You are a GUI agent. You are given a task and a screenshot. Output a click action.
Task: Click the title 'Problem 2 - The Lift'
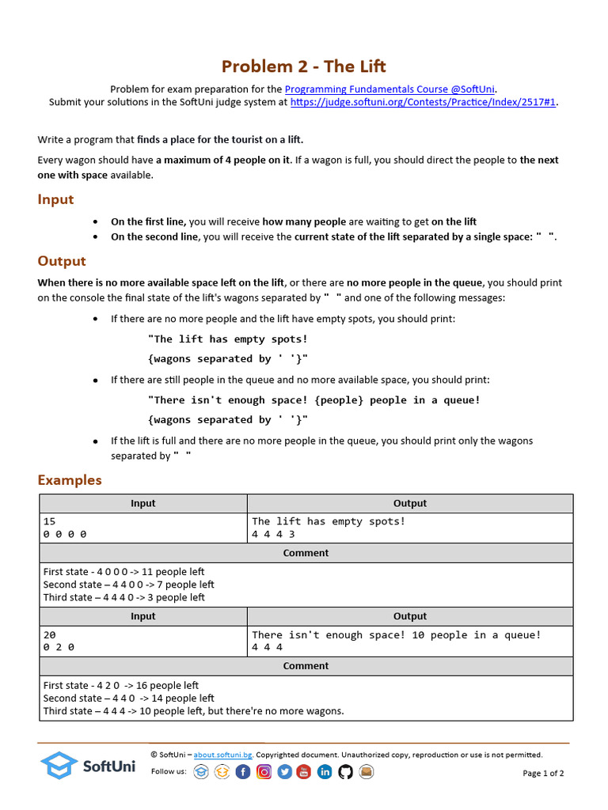point(304,66)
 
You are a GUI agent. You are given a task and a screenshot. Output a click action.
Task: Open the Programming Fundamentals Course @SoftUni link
point(389,89)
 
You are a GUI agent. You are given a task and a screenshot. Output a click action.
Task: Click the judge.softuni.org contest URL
point(424,102)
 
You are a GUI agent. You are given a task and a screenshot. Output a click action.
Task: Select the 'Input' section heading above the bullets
point(55,199)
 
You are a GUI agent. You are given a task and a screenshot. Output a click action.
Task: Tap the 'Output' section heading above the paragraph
point(62,261)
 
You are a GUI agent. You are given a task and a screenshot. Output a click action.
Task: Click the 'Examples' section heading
point(70,480)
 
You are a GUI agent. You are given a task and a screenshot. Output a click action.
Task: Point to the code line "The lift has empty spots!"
point(228,339)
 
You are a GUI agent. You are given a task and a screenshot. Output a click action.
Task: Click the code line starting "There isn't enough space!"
point(314,399)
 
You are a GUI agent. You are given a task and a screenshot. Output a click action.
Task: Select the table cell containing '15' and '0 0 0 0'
point(143,528)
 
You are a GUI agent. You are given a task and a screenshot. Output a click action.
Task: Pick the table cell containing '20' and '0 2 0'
point(143,641)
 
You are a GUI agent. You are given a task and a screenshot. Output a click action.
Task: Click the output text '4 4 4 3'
point(273,535)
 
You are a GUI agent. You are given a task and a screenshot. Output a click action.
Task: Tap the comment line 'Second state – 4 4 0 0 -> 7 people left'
point(128,585)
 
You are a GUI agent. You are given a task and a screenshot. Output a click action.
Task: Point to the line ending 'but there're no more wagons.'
point(193,710)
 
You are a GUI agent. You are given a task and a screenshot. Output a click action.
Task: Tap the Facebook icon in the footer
point(243,772)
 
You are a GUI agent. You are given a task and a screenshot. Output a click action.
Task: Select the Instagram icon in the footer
point(264,772)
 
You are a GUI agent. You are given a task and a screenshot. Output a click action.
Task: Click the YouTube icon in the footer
point(304,772)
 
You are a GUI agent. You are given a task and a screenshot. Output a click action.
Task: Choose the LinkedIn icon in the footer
point(325,772)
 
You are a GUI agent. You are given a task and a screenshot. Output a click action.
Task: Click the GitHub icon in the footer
point(345,772)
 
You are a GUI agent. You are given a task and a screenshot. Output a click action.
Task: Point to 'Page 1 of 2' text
point(543,773)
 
